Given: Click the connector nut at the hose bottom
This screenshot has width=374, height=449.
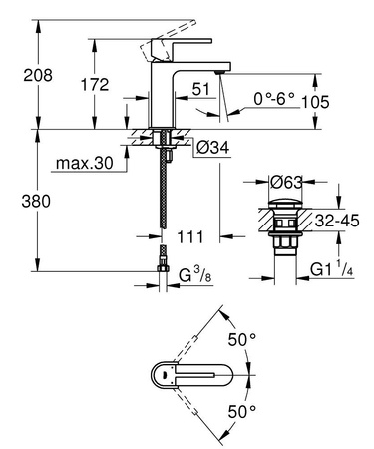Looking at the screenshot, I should [x=162, y=264].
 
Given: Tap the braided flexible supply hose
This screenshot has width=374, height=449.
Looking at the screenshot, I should [x=163, y=200].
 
